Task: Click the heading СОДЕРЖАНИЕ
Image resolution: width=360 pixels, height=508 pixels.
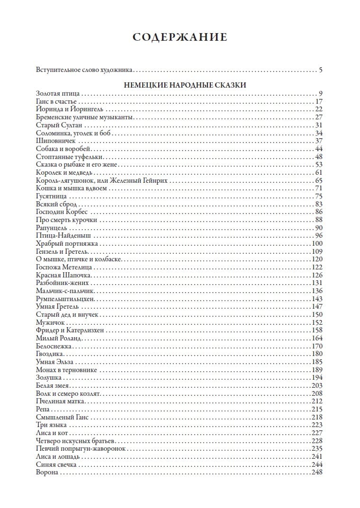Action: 180,37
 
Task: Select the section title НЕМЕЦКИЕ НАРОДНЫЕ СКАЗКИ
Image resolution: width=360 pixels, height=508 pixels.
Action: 179,85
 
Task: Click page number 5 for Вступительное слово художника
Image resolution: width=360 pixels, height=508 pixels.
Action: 320,71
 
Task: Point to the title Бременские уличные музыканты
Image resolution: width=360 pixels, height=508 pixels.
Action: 85,117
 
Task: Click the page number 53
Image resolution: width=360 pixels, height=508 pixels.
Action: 318,164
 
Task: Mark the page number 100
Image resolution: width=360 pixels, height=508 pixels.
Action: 317,243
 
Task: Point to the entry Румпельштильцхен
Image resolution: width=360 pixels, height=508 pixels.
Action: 66,299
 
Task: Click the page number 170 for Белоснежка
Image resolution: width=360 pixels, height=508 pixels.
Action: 317,346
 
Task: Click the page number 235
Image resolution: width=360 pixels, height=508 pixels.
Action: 317,448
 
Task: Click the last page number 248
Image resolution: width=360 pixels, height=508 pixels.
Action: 317,472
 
